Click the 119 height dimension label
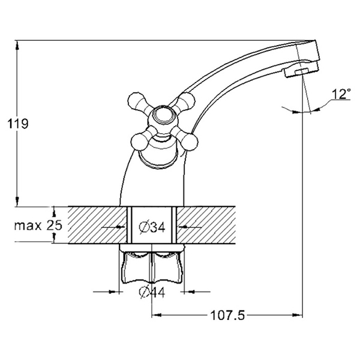pyautogui.click(x=18, y=124)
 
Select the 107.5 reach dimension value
pyautogui.click(x=227, y=315)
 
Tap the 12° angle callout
pyautogui.click(x=342, y=94)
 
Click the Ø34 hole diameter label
pyautogui.click(x=152, y=227)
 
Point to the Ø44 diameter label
pyautogui.click(x=152, y=292)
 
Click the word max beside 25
pyautogui.click(x=28, y=226)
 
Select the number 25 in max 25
pyautogui.click(x=55, y=225)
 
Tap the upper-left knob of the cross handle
pyautogui.click(x=136, y=101)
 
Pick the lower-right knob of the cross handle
pyautogui.click(x=190, y=142)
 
